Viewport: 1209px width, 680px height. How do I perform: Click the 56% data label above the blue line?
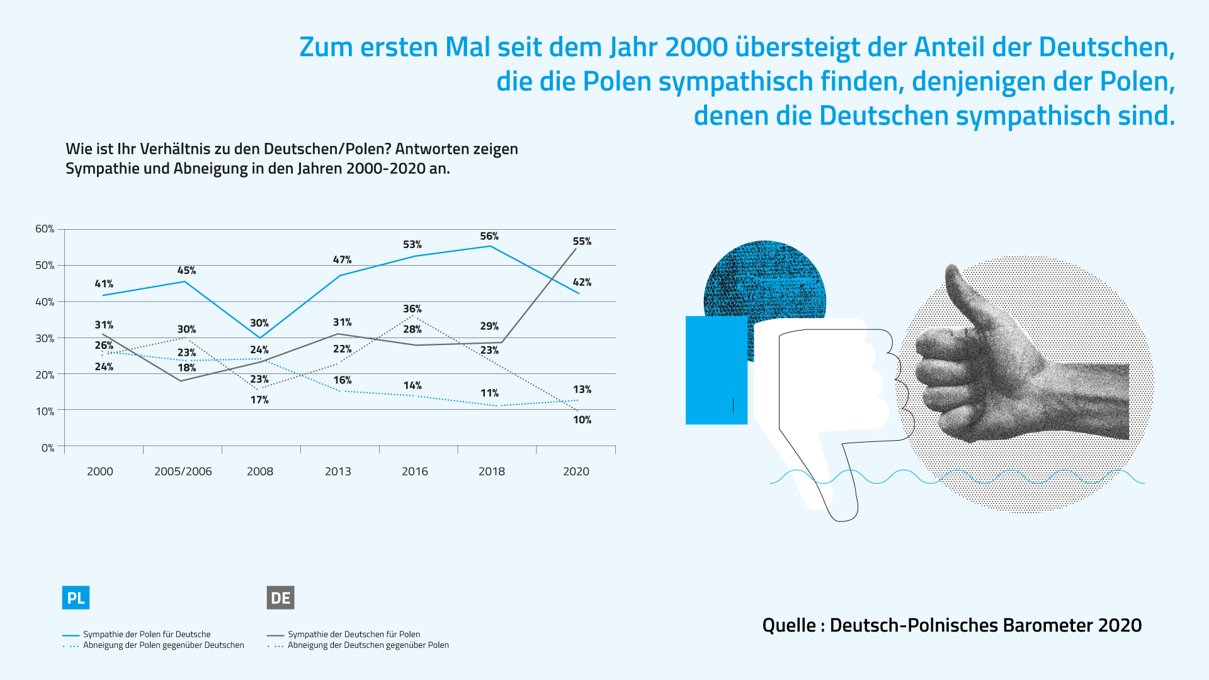coord(489,236)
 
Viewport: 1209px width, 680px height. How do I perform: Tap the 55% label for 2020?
coord(582,241)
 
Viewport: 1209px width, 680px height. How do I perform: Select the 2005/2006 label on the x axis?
coord(183,471)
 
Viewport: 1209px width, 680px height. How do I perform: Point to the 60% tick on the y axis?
coord(45,229)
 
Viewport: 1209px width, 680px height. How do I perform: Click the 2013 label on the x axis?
coord(338,471)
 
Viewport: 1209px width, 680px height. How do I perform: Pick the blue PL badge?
coord(76,598)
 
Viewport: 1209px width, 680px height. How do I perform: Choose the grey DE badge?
coord(280,598)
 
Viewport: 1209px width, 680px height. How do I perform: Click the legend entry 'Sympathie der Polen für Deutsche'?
coord(147,634)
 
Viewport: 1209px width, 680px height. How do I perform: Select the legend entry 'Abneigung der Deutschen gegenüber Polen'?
coord(368,645)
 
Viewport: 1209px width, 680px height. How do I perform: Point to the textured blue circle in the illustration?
coord(765,280)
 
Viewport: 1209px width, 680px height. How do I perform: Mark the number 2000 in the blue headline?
coord(696,47)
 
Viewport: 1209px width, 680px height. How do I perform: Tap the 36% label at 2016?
coord(412,309)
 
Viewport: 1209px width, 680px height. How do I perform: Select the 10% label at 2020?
coord(582,420)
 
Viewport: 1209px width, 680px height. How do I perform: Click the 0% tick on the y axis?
coord(48,448)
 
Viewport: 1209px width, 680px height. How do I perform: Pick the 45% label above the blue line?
coord(186,270)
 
